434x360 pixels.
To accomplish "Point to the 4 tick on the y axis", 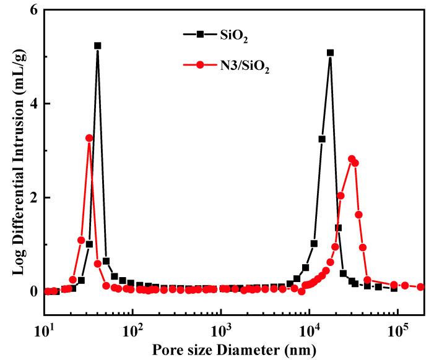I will pos(33,103).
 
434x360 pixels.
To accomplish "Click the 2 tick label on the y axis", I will pos(33,197).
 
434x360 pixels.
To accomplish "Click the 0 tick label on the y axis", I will pos(33,291).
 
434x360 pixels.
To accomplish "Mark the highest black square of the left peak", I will pos(97,46).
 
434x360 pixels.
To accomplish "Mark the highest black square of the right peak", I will pos(330,53).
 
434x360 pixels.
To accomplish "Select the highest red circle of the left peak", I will pos(89,138).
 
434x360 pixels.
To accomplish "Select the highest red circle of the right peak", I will pos(352,159).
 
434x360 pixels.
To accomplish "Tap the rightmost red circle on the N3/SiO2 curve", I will pos(420,287).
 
